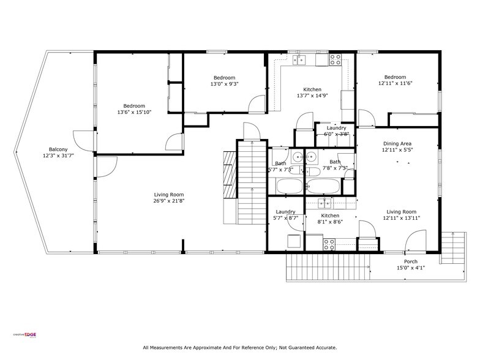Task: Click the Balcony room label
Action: pos(59,149)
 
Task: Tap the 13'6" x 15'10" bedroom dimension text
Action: pos(134,112)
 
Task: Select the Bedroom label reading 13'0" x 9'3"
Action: pos(224,84)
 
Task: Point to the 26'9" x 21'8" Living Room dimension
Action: pos(168,201)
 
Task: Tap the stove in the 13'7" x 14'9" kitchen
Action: pos(335,59)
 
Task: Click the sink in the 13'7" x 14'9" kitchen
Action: pos(299,59)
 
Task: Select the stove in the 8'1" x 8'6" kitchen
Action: pos(329,243)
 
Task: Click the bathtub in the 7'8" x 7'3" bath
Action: pos(324,186)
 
